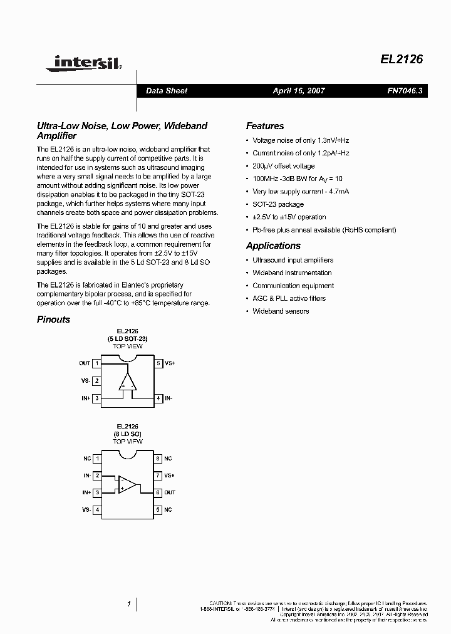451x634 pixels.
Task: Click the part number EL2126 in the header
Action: pyautogui.click(x=402, y=60)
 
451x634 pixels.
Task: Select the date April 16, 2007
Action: pyautogui.click(x=299, y=91)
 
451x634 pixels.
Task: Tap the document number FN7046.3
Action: pyautogui.click(x=405, y=91)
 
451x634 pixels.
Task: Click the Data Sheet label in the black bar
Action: pyautogui.click(x=167, y=91)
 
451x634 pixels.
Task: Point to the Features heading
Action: pyautogui.click(x=264, y=126)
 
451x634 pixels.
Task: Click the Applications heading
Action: pyautogui.click(x=273, y=246)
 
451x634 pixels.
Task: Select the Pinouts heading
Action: pyautogui.click(x=53, y=320)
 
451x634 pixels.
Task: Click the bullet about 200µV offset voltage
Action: pyautogui.click(x=283, y=166)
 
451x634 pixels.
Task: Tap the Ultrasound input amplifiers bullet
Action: pyautogui.click(x=293, y=260)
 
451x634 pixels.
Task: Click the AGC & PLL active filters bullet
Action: pyautogui.click(x=289, y=298)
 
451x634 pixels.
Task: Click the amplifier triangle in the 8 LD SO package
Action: pyautogui.click(x=127, y=484)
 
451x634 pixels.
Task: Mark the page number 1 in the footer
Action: pyautogui.click(x=128, y=604)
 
